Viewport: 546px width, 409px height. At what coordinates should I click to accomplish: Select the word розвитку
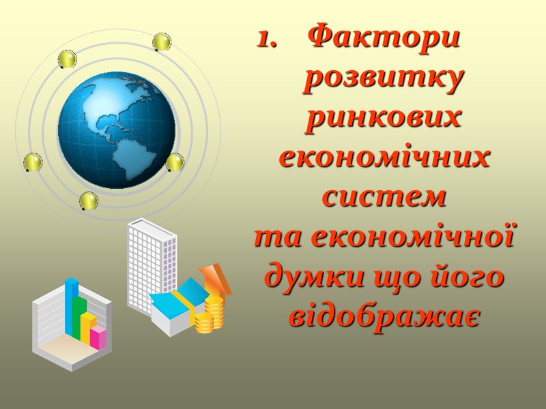point(384,78)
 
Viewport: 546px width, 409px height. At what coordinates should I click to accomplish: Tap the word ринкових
point(384,117)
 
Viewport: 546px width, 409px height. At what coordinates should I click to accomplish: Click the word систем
point(384,197)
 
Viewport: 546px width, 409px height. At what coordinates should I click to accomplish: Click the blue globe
point(117,130)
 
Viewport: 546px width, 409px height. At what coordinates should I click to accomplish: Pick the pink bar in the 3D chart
point(99,337)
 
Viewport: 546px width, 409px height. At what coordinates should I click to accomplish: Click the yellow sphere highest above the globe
point(162,42)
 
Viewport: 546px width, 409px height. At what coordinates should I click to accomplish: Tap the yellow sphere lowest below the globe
point(89,200)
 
